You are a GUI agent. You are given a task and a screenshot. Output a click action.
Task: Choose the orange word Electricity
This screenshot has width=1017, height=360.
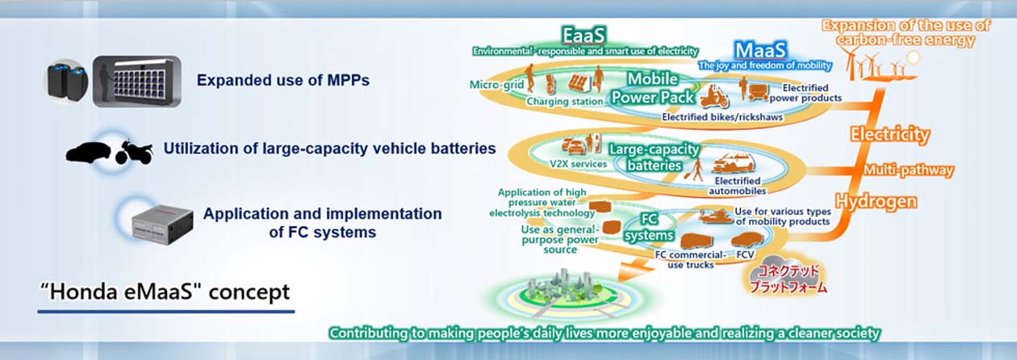[889, 135]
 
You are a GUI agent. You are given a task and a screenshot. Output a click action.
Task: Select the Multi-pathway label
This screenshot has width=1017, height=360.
[909, 170]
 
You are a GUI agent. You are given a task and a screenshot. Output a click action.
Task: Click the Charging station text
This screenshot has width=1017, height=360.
[565, 103]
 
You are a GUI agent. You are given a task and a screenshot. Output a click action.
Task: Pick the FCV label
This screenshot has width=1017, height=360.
[745, 254]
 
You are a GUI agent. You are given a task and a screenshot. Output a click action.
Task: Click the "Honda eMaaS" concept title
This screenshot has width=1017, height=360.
[165, 291]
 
